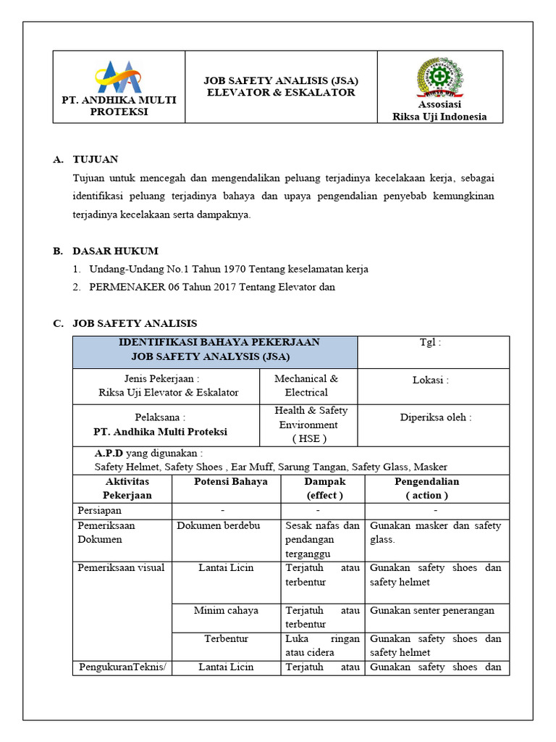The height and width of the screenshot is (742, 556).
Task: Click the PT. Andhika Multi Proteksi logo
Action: click(x=119, y=75)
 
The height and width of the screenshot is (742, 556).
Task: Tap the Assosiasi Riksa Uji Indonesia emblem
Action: click(x=439, y=78)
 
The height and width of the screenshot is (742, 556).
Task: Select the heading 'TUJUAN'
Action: click(x=95, y=159)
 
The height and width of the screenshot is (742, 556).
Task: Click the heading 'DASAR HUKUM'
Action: click(x=115, y=251)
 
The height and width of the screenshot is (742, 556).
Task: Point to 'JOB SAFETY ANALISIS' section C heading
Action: click(x=135, y=323)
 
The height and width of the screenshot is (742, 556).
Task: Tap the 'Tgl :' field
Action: click(x=429, y=343)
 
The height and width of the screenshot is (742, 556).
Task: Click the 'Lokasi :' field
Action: click(x=430, y=380)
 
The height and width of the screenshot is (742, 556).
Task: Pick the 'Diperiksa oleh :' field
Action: click(x=436, y=417)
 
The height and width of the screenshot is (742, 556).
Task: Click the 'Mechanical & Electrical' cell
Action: click(x=306, y=385)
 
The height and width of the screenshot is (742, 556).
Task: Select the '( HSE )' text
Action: click(x=309, y=438)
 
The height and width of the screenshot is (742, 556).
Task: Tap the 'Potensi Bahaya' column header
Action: click(x=231, y=482)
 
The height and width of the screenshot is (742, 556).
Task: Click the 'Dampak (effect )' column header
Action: click(x=324, y=488)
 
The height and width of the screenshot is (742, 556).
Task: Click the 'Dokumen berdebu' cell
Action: click(x=218, y=525)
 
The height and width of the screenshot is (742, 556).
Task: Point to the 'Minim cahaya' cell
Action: click(x=226, y=610)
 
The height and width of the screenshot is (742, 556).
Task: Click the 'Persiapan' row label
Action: click(x=100, y=509)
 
